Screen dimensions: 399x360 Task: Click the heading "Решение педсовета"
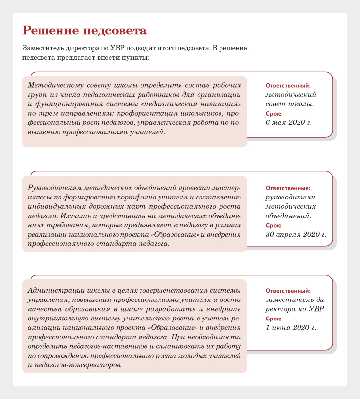pyautogui.click(x=84, y=31)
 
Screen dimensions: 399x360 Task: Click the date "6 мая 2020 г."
pyautogui.click(x=288, y=122)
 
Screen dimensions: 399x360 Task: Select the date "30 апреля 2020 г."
pyautogui.click(x=296, y=234)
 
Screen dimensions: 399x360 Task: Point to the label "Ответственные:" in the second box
pyautogui.click(x=288, y=188)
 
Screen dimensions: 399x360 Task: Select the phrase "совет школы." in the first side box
pyautogui.click(x=289, y=104)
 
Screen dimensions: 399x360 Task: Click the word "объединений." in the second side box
pyautogui.click(x=288, y=215)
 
